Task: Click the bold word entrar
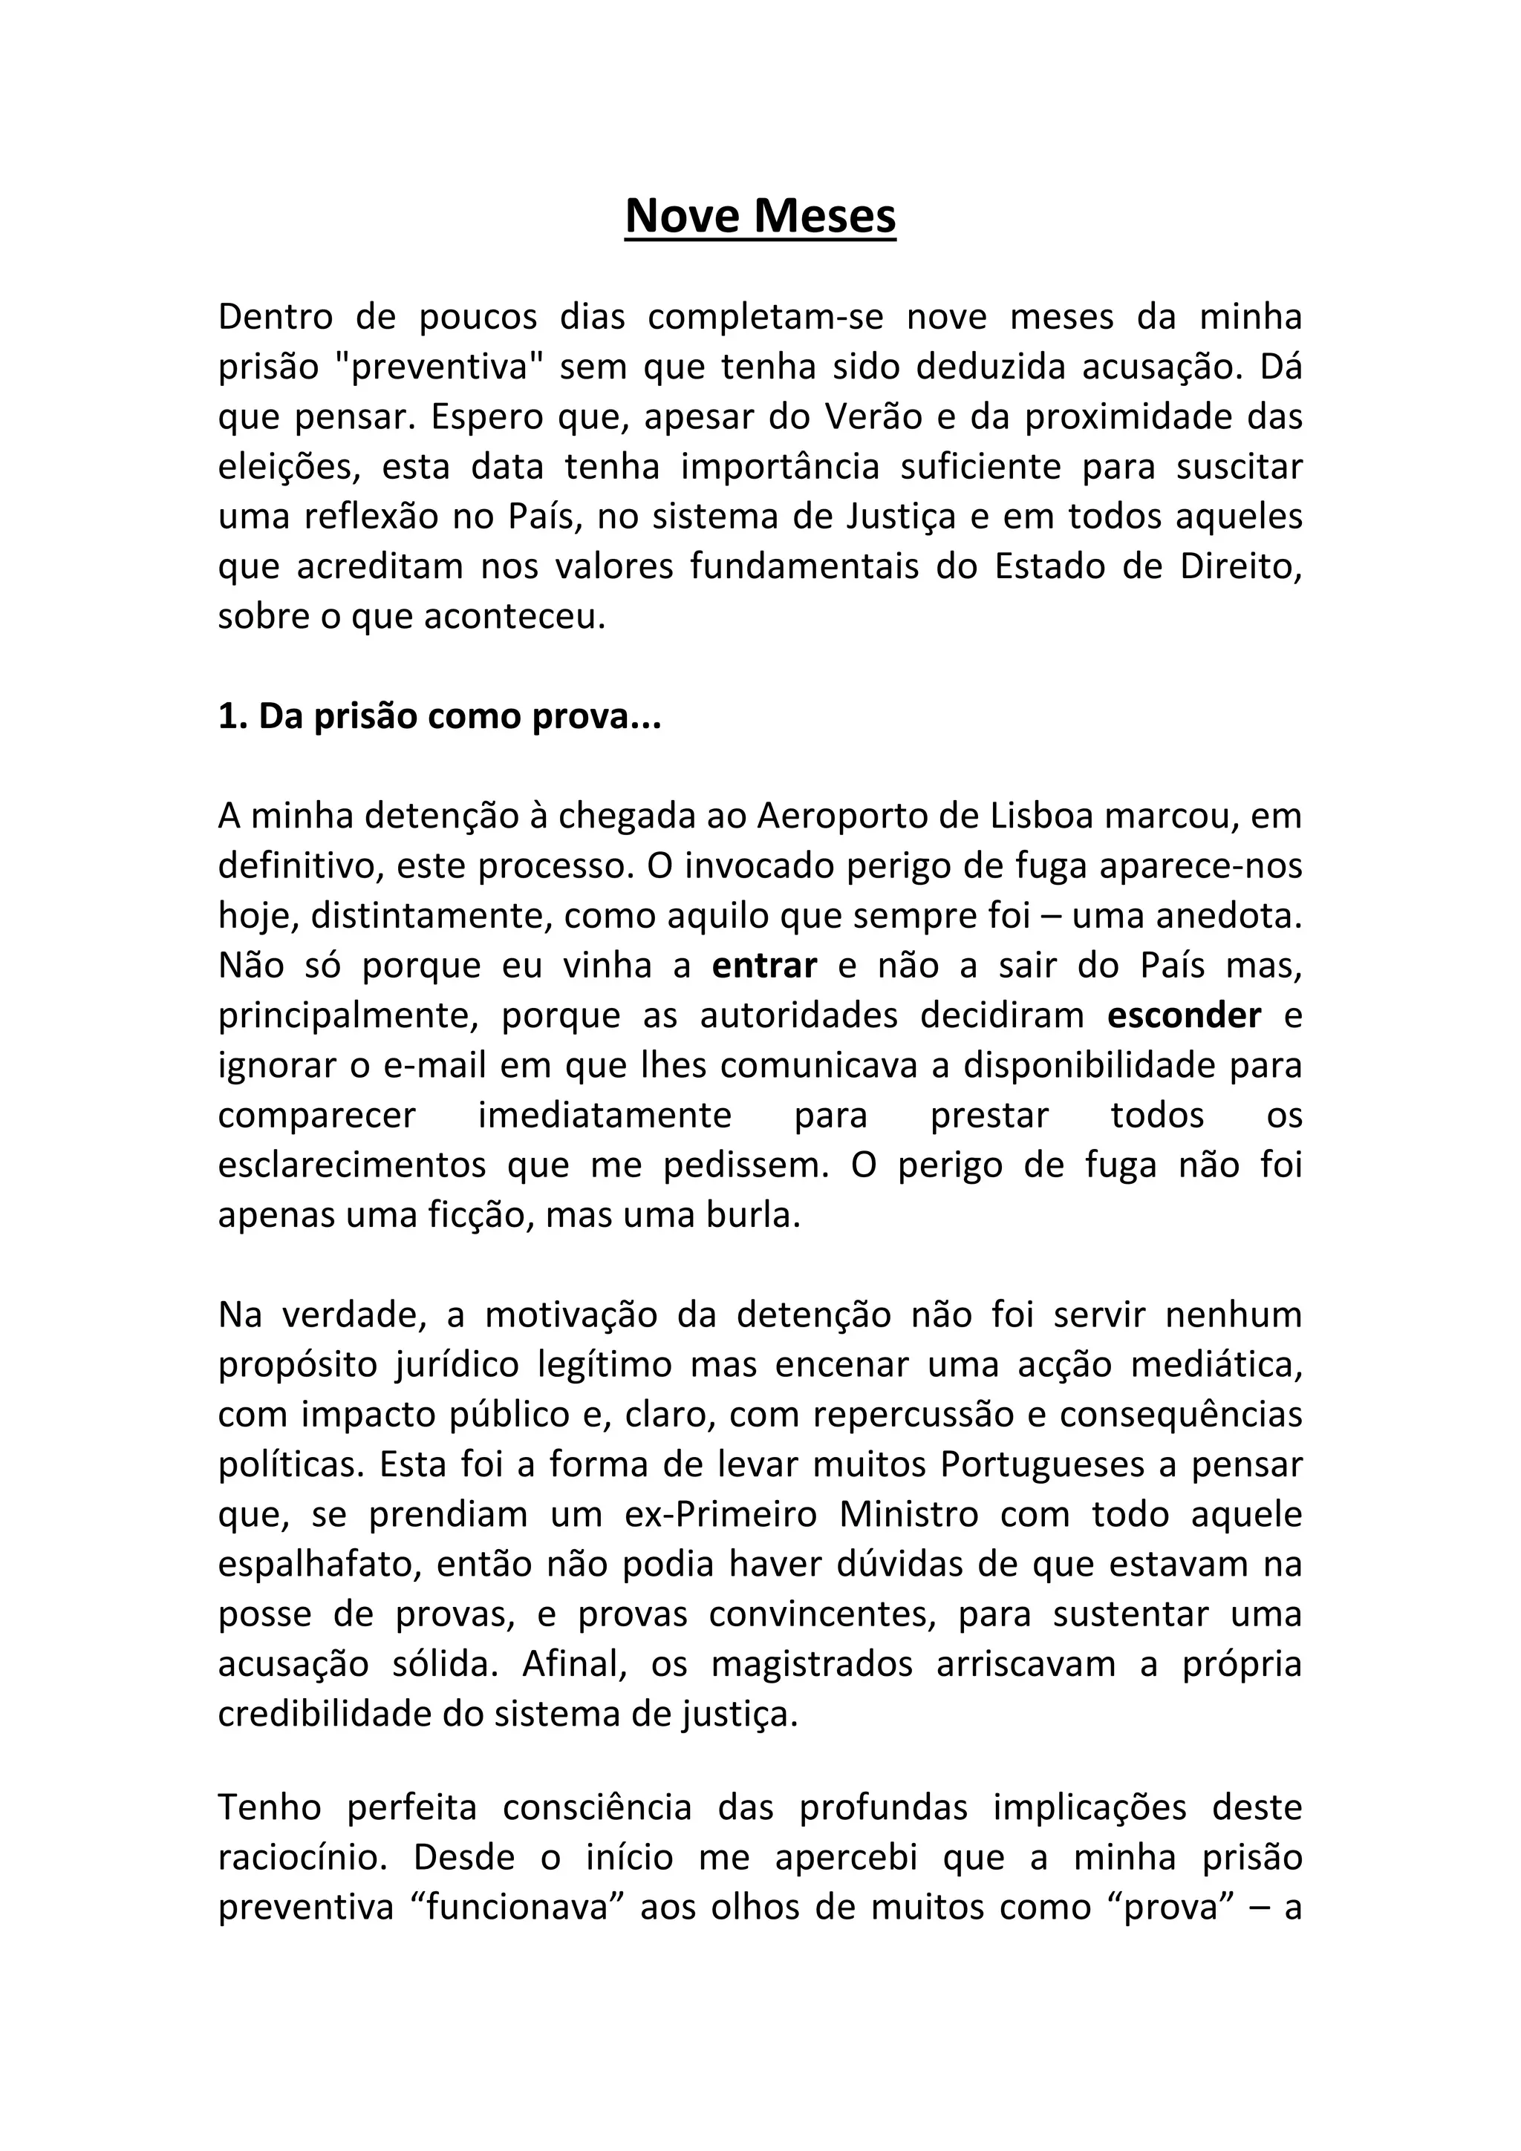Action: click(765, 965)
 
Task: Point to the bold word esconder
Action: click(1185, 1015)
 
